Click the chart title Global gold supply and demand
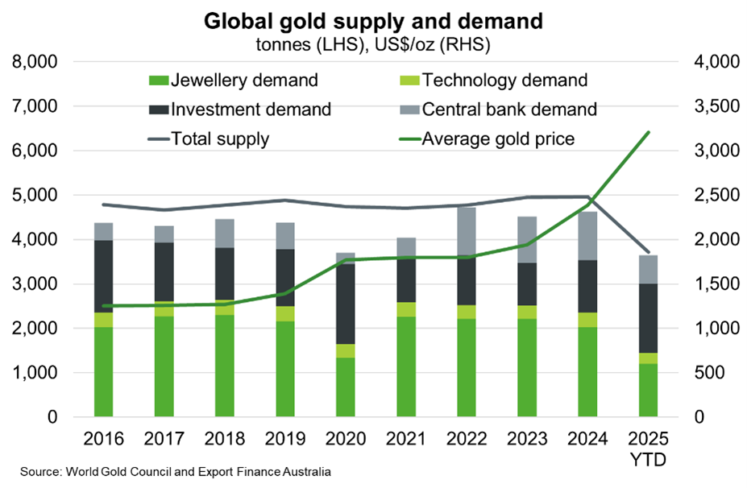click(x=373, y=19)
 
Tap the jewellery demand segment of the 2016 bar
click(x=104, y=372)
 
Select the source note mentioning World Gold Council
click(x=176, y=471)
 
